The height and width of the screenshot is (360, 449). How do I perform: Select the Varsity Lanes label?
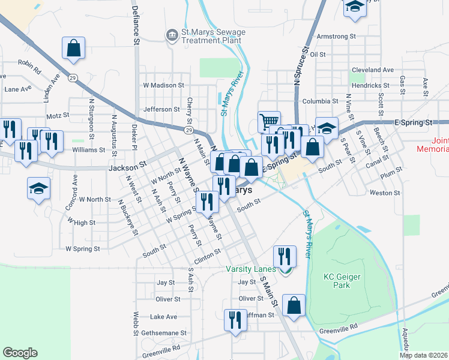click(250, 269)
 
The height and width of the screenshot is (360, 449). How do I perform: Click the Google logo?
click(20, 353)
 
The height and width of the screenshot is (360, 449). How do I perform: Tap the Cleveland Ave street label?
click(373, 70)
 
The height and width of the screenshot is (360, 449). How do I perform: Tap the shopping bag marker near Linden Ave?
click(73, 48)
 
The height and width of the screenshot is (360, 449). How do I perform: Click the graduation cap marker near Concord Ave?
click(39, 188)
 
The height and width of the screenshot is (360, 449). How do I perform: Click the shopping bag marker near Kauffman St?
click(294, 305)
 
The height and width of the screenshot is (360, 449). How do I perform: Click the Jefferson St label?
click(161, 109)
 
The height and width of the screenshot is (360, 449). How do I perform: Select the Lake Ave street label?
click(163, 316)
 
